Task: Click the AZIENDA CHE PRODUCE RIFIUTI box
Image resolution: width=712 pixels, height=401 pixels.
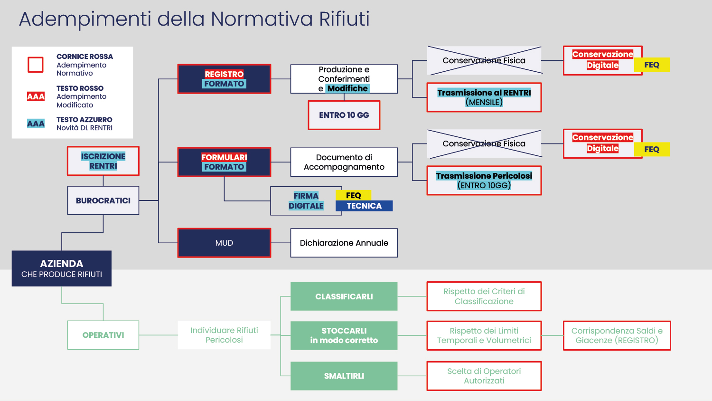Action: [62, 268]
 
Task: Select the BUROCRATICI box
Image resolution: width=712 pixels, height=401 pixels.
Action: [103, 200]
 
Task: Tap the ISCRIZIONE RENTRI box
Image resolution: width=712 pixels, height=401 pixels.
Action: [103, 161]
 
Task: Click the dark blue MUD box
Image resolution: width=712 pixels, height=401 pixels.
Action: [224, 243]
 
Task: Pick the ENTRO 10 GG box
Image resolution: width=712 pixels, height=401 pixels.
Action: [344, 115]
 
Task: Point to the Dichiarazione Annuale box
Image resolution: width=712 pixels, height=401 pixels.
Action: [344, 243]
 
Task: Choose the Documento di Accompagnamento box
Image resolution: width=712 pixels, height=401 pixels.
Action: [344, 162]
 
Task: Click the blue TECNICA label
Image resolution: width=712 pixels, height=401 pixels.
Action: [364, 206]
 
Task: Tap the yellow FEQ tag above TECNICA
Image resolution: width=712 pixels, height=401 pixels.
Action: [354, 195]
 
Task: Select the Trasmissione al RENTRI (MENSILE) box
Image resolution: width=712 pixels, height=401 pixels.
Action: [484, 97]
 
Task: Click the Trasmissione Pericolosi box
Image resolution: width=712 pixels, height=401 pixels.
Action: [484, 181]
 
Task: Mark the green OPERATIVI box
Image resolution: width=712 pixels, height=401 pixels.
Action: [103, 335]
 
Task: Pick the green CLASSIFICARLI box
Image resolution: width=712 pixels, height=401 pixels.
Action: [344, 296]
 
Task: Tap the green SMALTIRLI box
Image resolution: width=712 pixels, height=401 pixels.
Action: [344, 376]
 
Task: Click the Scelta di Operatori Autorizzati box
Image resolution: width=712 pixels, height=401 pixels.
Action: [484, 376]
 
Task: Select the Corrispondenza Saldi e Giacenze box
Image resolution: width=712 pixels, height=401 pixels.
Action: [617, 335]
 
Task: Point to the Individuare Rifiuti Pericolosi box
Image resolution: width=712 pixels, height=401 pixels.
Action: [224, 335]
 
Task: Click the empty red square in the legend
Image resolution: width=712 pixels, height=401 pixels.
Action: [36, 65]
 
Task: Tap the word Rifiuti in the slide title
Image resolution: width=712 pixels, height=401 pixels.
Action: [344, 19]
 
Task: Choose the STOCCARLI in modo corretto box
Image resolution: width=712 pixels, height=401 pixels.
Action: [344, 335]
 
